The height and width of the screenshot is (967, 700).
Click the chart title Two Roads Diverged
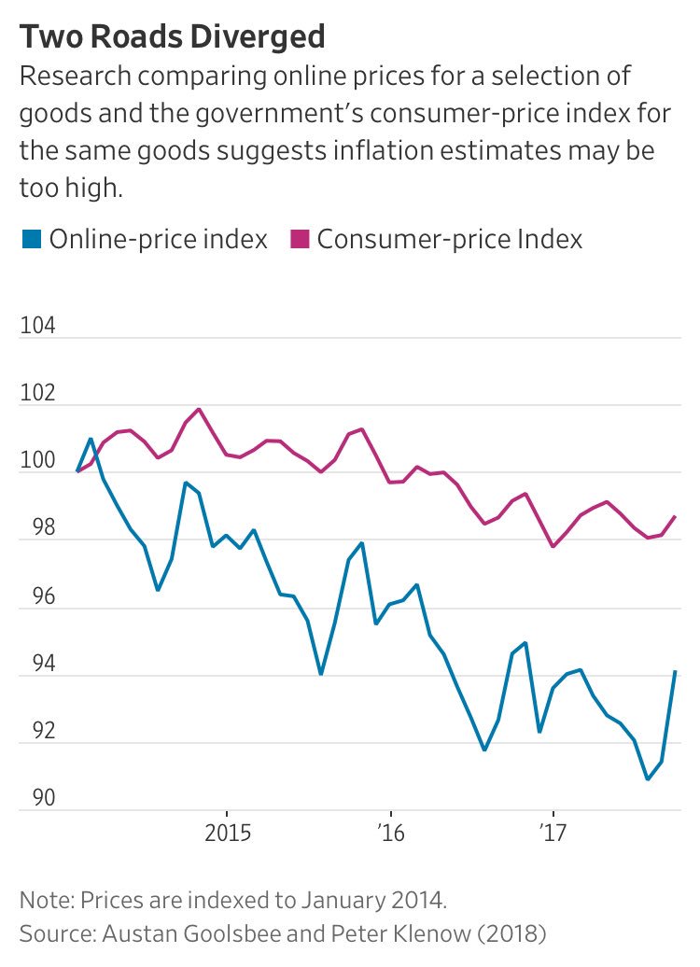coord(173,37)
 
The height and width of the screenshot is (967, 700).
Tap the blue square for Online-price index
coord(32,240)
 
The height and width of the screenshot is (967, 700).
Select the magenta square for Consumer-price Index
coord(300,240)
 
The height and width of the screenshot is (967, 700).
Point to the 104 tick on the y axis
coord(38,327)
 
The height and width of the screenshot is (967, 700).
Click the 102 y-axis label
coord(38,394)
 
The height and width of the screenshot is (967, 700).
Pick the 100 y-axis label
coord(38,462)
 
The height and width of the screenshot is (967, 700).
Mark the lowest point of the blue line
coord(648,778)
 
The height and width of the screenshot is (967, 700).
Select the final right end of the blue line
coord(675,672)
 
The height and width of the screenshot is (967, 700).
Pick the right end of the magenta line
coord(675,516)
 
